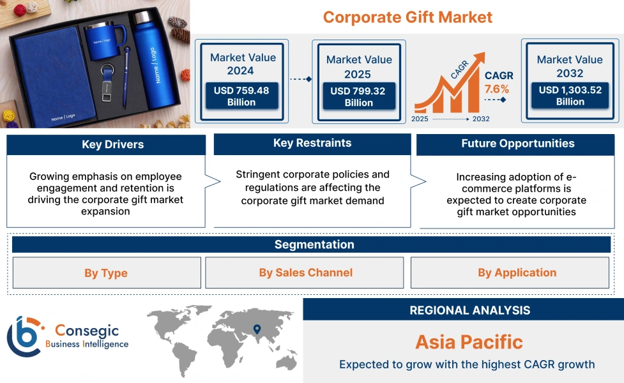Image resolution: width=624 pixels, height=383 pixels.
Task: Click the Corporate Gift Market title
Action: click(407, 17)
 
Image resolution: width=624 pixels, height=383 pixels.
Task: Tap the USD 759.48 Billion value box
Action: click(241, 96)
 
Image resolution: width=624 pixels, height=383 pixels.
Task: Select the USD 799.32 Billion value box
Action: click(358, 97)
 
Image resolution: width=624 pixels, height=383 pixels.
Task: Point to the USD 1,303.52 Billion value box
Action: click(570, 96)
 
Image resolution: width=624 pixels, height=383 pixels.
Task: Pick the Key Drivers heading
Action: click(106, 145)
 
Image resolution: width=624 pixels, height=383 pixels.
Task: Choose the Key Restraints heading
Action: click(312, 144)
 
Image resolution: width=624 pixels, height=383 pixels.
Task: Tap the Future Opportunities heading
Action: click(517, 144)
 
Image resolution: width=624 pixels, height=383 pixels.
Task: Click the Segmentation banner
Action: click(314, 244)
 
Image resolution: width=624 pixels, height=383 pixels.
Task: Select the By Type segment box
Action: click(106, 273)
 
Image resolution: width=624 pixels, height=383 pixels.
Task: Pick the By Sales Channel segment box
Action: click(305, 273)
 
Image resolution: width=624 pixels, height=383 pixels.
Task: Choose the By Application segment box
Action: click(517, 273)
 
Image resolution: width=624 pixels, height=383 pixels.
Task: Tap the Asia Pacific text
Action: click(469, 342)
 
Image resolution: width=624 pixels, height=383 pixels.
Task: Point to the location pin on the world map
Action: click(257, 329)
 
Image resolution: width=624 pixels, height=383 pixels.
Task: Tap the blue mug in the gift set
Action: click(102, 41)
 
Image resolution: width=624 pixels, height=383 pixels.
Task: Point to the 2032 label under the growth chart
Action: click(481, 119)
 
